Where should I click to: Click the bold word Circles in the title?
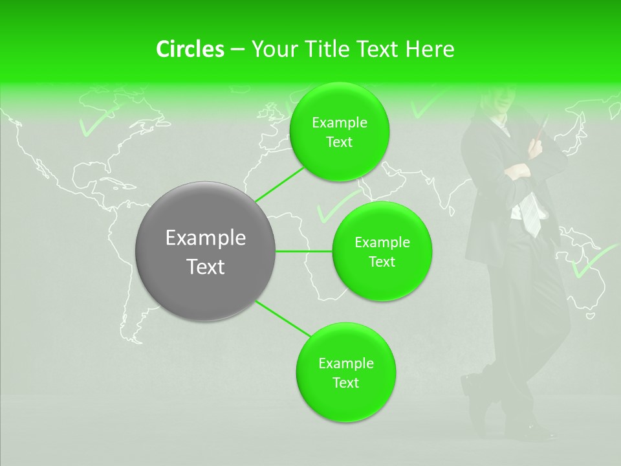(190, 49)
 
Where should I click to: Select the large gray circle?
(206, 251)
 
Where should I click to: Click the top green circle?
(340, 132)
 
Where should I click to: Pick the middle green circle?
(382, 252)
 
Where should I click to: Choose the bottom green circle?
(345, 372)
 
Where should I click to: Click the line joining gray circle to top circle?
(280, 183)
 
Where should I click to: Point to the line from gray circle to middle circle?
(304, 251)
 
